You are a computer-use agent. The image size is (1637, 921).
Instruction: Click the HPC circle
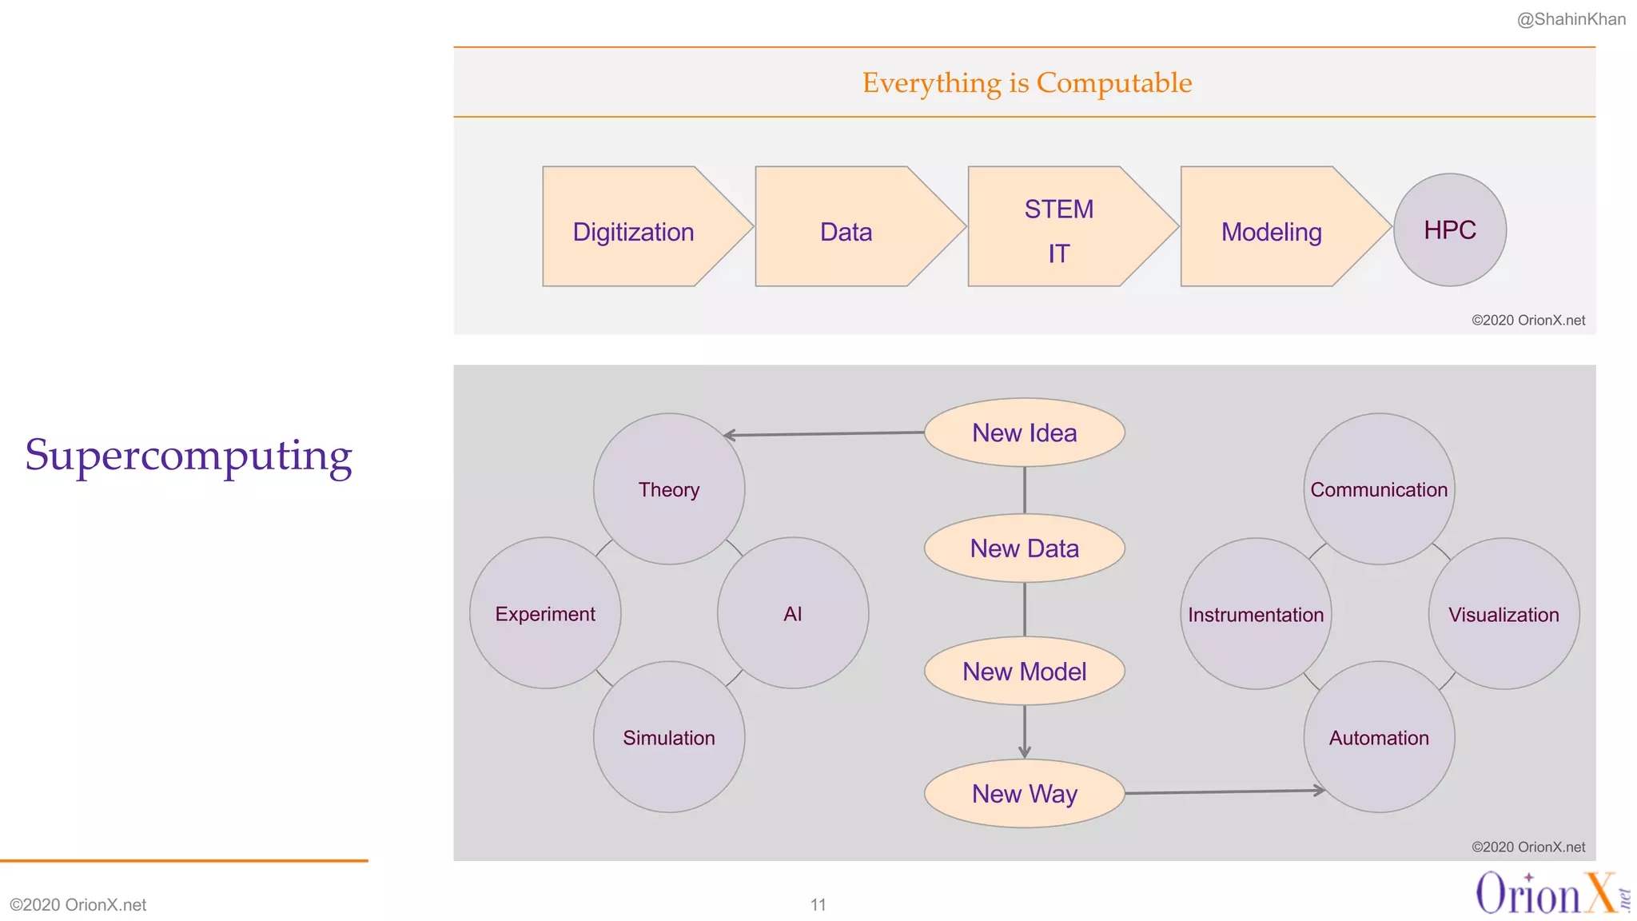(x=1450, y=230)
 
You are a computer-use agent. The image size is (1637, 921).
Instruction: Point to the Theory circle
(x=669, y=489)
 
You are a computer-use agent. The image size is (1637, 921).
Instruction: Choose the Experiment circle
(x=545, y=613)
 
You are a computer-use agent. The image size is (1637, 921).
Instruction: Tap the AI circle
(x=793, y=613)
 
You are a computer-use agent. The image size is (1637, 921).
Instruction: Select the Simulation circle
(x=669, y=737)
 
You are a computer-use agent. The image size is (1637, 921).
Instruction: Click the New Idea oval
(x=1025, y=433)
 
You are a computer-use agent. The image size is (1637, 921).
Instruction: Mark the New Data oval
(x=1025, y=548)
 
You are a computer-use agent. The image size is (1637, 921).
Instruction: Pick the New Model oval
(x=1025, y=672)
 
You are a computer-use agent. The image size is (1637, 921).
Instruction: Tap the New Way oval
(x=1025, y=794)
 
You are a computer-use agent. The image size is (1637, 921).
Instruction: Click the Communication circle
(x=1379, y=489)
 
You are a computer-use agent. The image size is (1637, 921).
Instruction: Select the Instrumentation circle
(x=1256, y=614)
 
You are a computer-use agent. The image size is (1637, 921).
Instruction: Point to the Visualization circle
(x=1504, y=614)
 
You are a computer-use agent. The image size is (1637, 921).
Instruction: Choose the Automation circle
(x=1379, y=737)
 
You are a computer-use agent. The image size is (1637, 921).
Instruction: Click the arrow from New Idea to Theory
(x=823, y=433)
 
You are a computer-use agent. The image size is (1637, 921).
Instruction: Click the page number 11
(x=818, y=904)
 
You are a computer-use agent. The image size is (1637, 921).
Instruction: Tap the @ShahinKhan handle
(x=1571, y=19)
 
